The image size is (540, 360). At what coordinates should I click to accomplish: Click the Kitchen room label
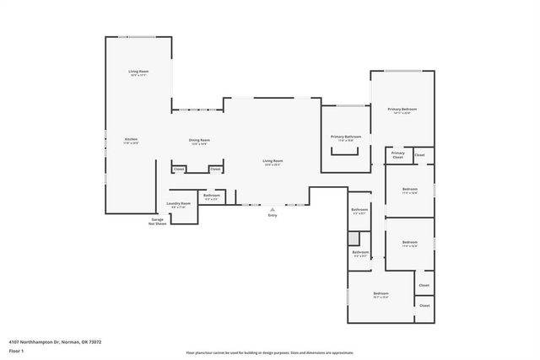(x=131, y=139)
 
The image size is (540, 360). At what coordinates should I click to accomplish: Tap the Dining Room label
(x=199, y=140)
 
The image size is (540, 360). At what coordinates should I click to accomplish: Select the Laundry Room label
(x=179, y=203)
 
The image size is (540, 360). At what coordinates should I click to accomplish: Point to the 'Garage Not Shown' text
(x=157, y=221)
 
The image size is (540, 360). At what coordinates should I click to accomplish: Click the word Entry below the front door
(x=273, y=216)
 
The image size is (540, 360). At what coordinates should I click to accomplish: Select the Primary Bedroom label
(x=402, y=110)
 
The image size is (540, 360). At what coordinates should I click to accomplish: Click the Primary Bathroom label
(x=346, y=137)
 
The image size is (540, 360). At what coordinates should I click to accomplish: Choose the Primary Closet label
(x=397, y=155)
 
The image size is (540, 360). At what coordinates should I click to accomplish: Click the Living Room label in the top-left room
(x=138, y=72)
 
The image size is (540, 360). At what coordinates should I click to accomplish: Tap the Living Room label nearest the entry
(x=273, y=160)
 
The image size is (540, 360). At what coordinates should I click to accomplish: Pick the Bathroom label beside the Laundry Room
(x=211, y=196)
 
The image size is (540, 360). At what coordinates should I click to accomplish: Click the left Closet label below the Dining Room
(x=179, y=169)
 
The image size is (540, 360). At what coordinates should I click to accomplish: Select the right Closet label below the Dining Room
(x=215, y=169)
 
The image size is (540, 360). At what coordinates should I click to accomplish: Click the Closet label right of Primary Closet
(x=419, y=154)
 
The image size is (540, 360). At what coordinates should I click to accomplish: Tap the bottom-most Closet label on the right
(x=424, y=305)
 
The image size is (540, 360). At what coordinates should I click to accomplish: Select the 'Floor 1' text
(x=16, y=350)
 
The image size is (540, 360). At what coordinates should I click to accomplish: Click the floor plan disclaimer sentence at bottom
(x=270, y=353)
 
